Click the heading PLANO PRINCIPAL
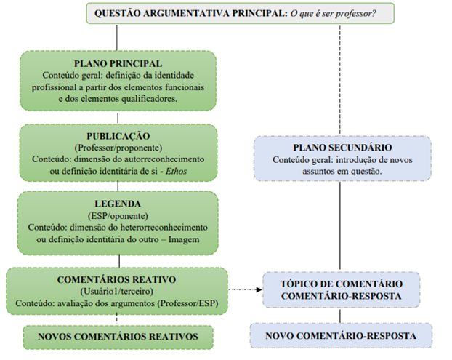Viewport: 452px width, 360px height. pos(118,63)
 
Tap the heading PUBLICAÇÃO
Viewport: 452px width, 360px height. pos(118,136)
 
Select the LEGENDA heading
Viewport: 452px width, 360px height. pos(118,204)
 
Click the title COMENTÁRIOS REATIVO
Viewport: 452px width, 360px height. pos(116,279)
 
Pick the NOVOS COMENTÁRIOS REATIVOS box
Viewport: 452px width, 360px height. pos(118,337)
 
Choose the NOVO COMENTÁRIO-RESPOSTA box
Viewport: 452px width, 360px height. pos(341,336)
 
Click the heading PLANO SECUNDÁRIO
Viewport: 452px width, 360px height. pos(342,148)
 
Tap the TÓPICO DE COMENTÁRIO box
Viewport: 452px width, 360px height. pos(342,289)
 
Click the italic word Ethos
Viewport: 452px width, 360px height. pos(176,171)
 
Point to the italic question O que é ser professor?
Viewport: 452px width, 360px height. pos(333,13)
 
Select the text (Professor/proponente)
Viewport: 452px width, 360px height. pos(118,148)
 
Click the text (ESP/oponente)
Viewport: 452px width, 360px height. pos(118,216)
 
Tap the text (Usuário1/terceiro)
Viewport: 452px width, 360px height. pos(116,292)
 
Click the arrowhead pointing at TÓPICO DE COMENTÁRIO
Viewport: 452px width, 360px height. pos(259,289)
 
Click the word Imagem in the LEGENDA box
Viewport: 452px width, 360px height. pos(184,239)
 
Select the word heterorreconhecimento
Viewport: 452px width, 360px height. pos(164,228)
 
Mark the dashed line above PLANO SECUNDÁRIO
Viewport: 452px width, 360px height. pos(340,80)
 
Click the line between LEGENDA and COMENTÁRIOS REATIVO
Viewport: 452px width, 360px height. pos(119,261)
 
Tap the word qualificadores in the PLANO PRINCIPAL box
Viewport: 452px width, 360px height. pos(149,99)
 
